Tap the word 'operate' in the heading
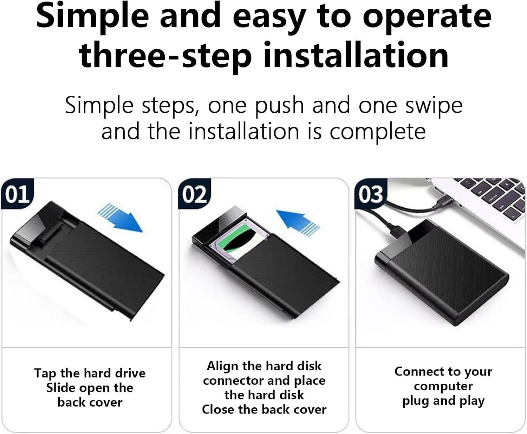click(427, 16)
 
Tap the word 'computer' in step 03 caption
click(443, 386)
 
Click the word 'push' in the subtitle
click(279, 105)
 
